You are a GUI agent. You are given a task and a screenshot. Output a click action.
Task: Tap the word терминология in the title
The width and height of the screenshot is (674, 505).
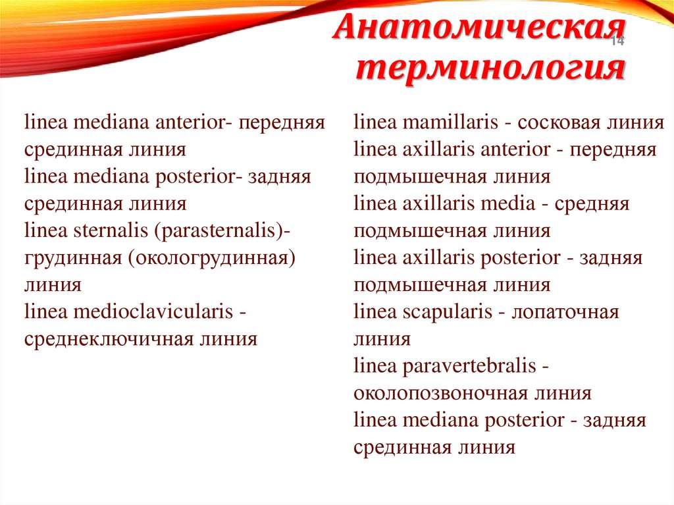point(491,68)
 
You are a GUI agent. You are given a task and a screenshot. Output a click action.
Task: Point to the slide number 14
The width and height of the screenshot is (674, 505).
point(617,42)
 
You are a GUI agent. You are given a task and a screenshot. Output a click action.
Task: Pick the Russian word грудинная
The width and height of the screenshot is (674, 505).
point(76,258)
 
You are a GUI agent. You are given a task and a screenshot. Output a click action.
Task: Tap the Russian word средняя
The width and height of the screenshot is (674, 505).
point(592,203)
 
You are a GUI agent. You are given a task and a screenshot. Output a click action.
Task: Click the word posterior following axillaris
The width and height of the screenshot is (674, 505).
point(519,257)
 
